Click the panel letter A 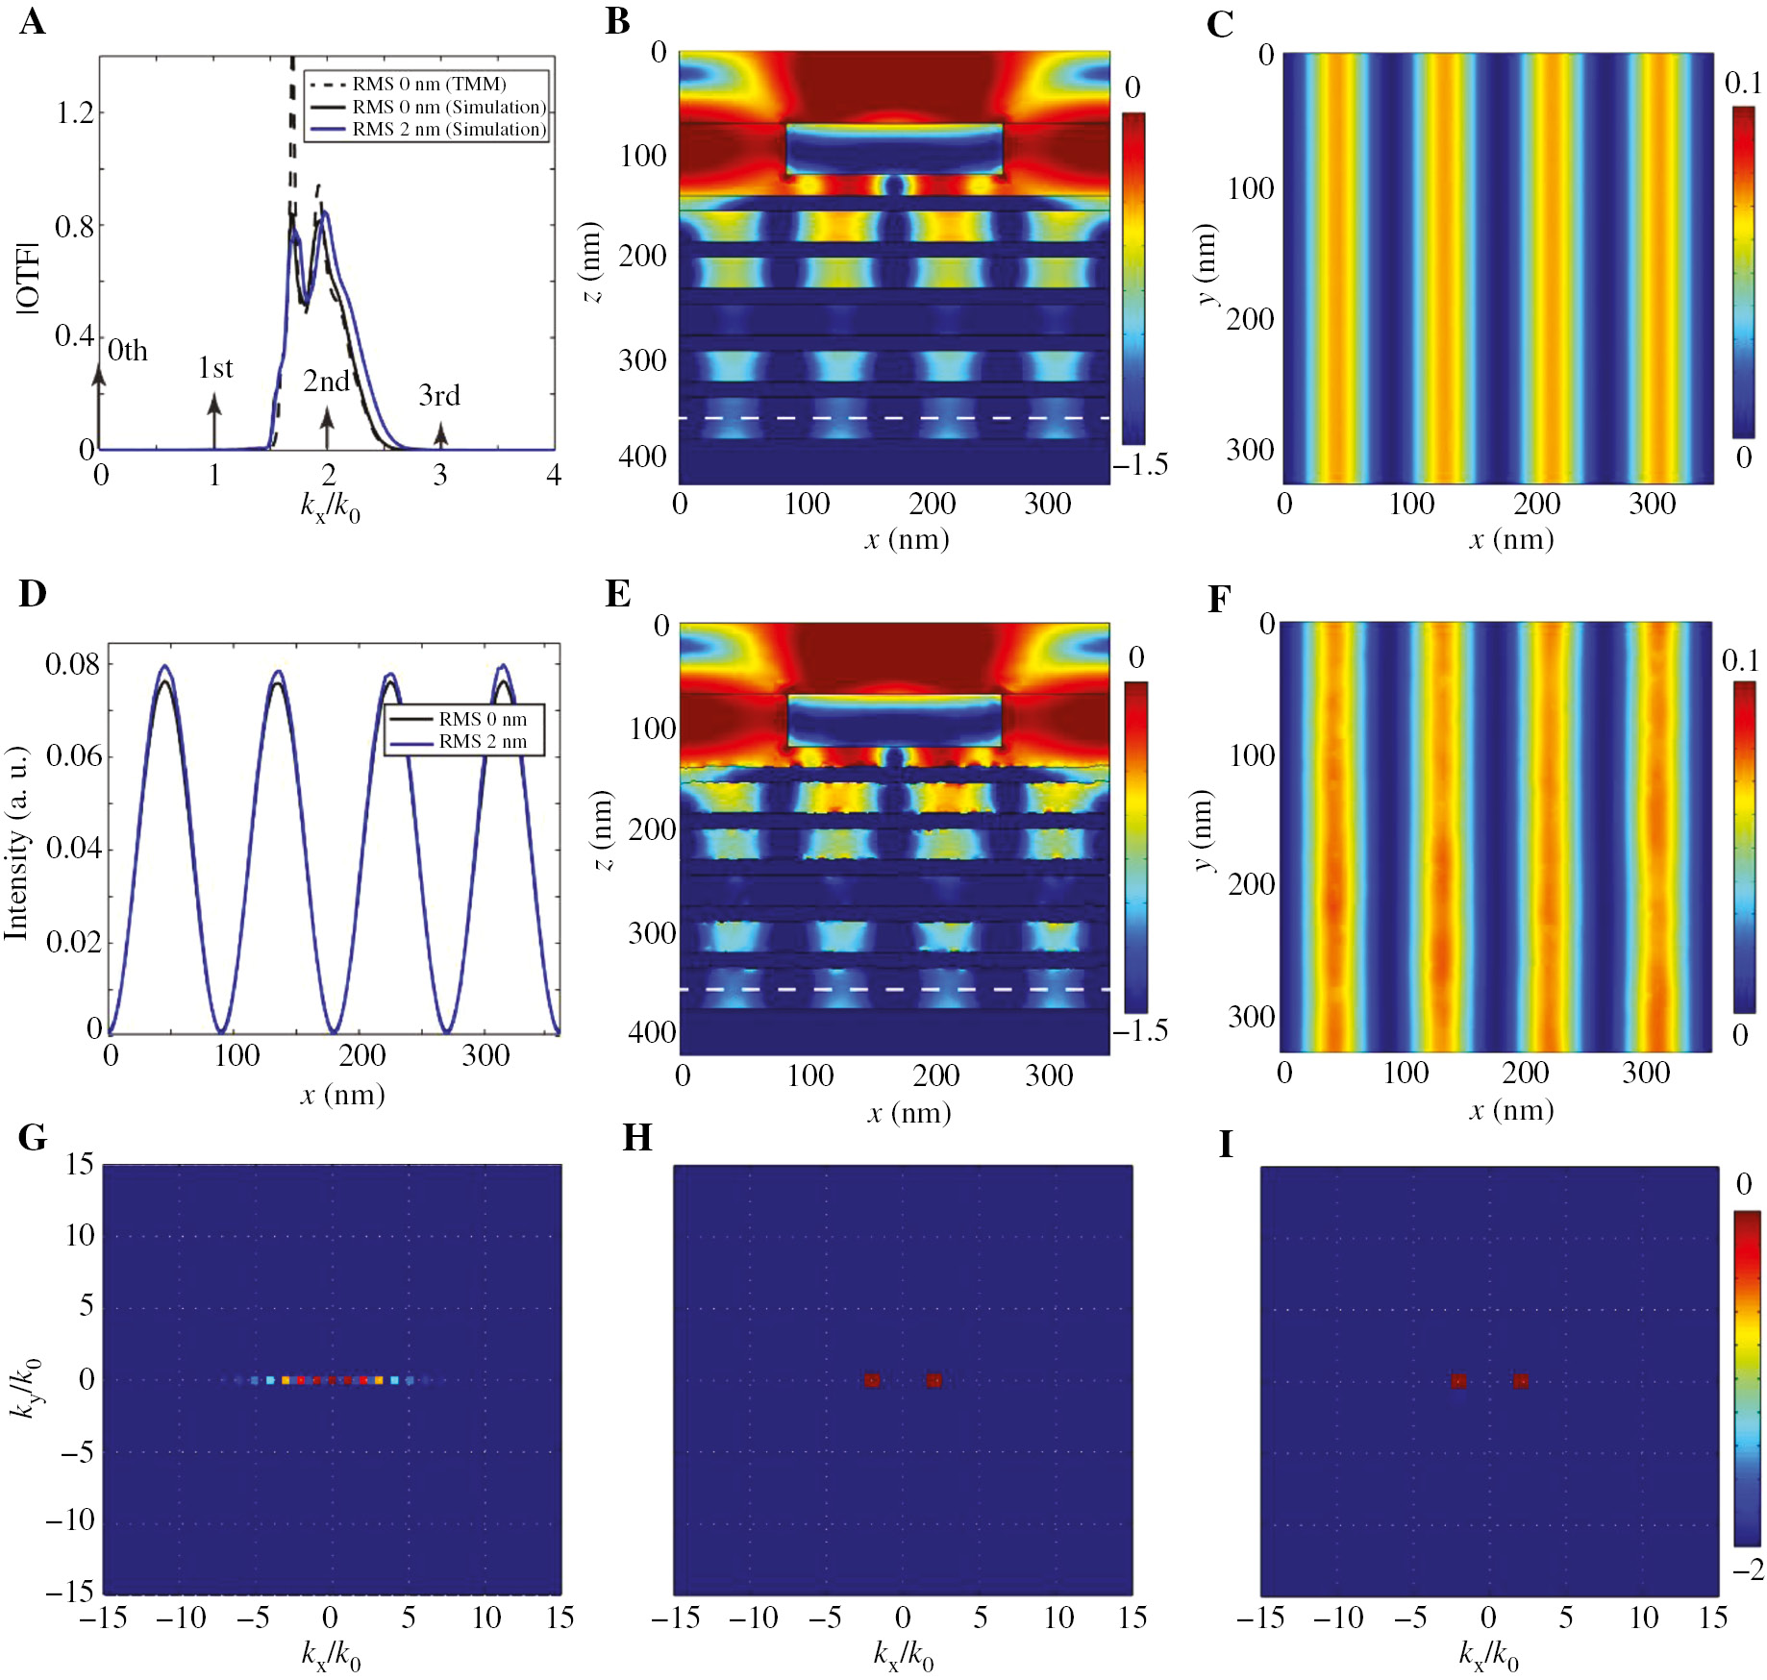tap(32, 21)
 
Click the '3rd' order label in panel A tap(439, 395)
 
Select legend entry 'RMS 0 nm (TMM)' tap(429, 85)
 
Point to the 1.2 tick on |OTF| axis tap(75, 113)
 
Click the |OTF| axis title tap(29, 279)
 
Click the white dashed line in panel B tap(894, 418)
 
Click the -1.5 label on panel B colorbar tap(1141, 464)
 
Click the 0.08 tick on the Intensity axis tap(72, 664)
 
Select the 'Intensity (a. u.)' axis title tap(16, 844)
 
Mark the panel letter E tap(617, 593)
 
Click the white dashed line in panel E tap(894, 989)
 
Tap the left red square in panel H tap(872, 1380)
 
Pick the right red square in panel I tap(1520, 1381)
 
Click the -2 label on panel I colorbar tap(1748, 1569)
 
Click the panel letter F tap(1219, 599)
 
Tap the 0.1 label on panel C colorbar tap(1742, 84)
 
